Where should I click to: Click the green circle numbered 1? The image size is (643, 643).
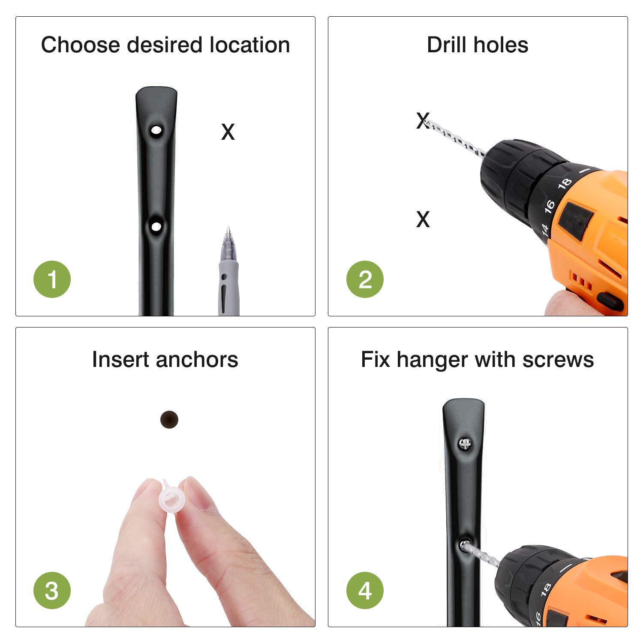point(52,279)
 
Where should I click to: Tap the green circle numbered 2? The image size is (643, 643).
point(365,279)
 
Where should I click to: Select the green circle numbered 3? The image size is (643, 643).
point(52,590)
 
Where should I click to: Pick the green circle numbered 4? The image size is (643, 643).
point(365,590)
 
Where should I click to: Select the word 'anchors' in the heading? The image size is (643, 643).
point(197,359)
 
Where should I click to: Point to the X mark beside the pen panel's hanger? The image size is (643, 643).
point(228,132)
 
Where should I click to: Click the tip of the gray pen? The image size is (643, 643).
point(228,228)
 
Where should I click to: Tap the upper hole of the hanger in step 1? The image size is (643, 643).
point(156,129)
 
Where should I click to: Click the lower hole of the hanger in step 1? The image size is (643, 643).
point(156,226)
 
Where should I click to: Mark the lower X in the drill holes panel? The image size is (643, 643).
point(423,219)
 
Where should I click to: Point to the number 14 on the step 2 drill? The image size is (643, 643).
point(545,230)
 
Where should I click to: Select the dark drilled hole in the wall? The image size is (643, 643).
point(169,419)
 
